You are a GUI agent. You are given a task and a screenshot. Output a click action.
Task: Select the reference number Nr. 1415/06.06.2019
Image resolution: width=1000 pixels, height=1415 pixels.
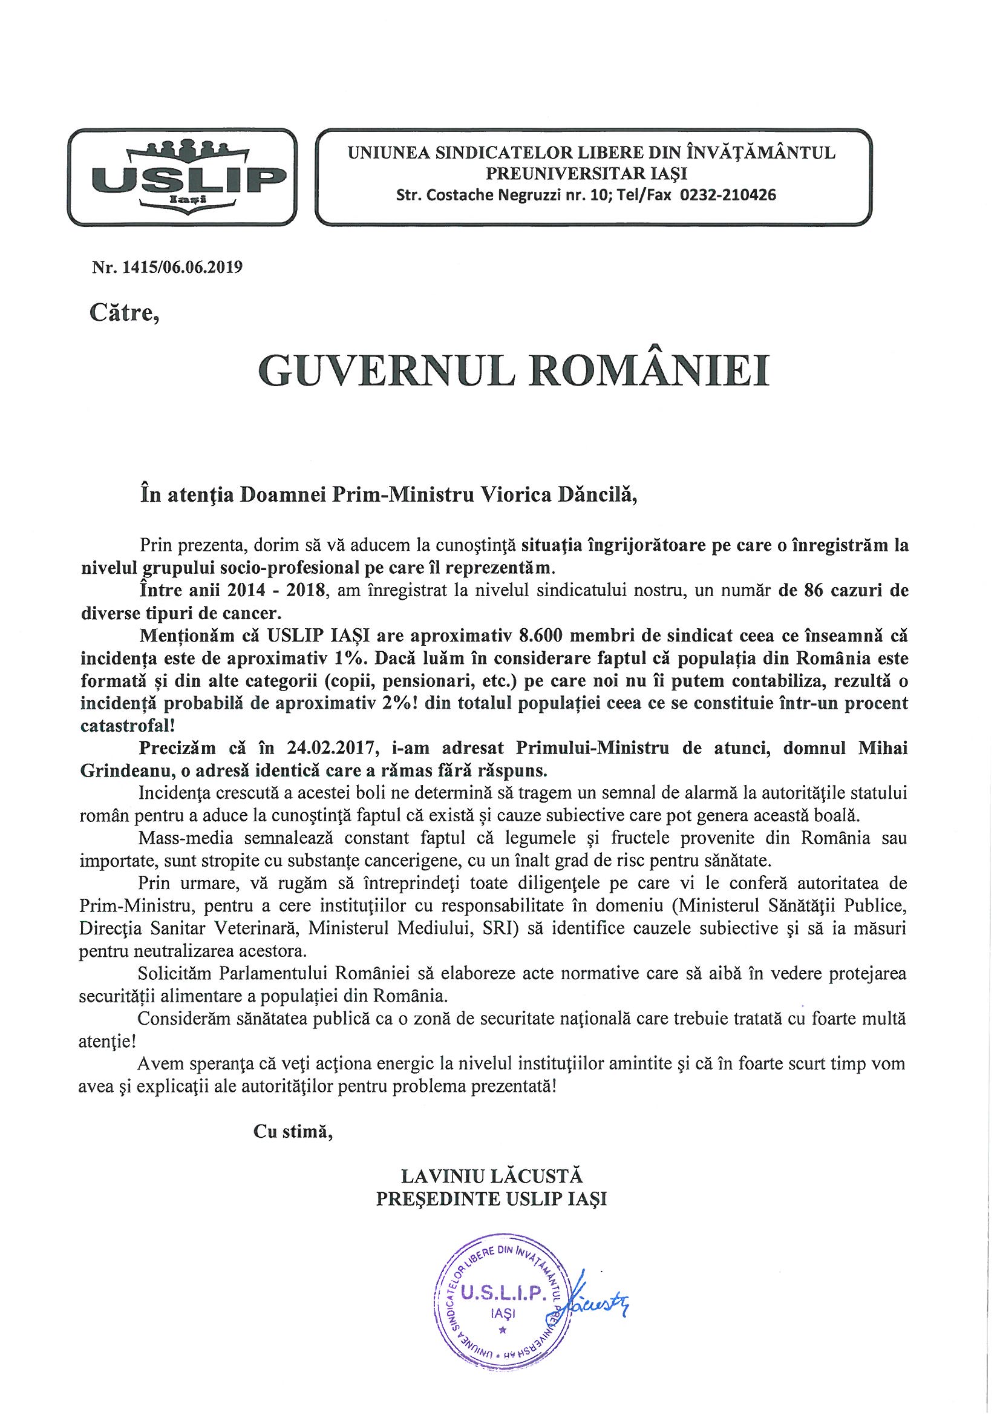pos(167,268)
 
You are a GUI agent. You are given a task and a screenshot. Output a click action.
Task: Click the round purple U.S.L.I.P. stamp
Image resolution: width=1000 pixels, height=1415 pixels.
pos(503,1309)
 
